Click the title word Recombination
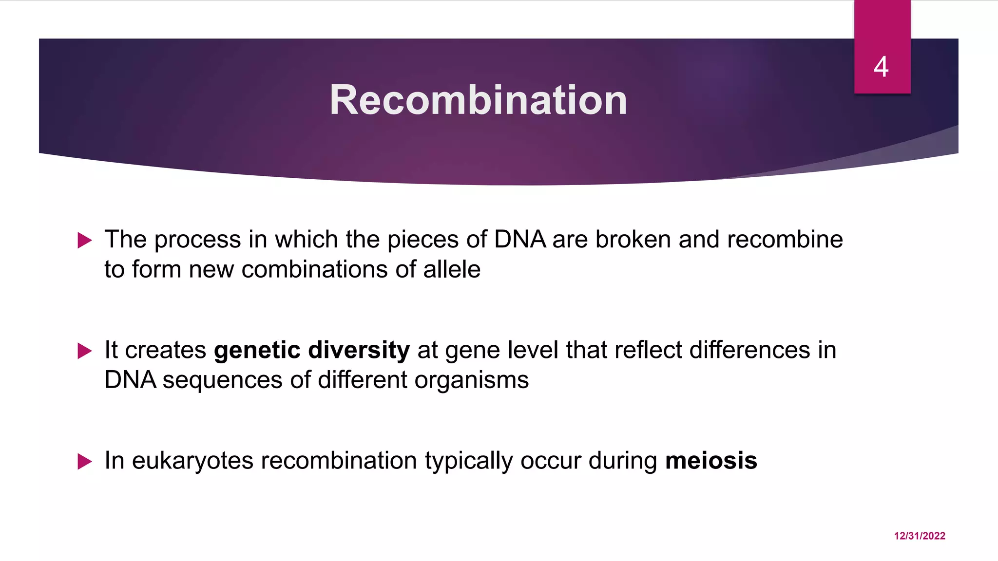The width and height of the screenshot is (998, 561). [478, 100]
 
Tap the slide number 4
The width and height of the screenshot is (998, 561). [881, 67]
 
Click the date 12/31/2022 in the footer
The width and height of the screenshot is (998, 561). [920, 536]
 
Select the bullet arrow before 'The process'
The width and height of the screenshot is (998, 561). [85, 240]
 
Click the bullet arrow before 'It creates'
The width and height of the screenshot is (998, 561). [85, 351]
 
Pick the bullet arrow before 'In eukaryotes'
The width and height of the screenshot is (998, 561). [85, 461]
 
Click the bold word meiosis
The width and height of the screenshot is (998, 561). [711, 461]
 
